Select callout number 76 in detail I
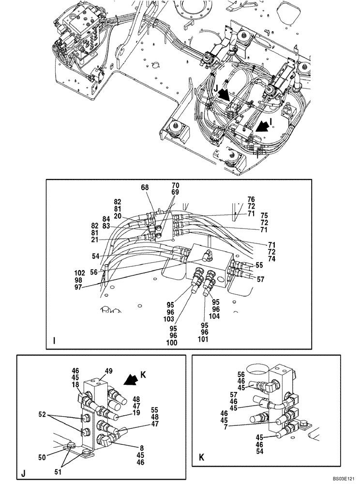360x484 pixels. click(251, 198)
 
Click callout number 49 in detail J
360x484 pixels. click(109, 371)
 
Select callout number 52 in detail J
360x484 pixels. click(42, 415)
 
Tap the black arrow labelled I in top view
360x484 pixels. click(263, 127)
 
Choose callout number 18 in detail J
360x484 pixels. click(75, 384)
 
